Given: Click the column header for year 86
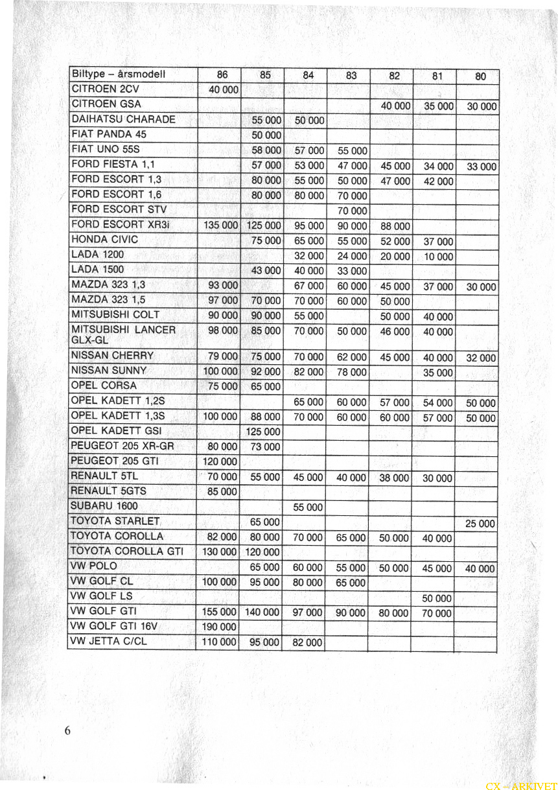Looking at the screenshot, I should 221,75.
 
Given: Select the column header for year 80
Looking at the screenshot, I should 480,76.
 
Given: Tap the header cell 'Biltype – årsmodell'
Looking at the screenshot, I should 119,75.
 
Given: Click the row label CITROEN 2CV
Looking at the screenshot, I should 105,89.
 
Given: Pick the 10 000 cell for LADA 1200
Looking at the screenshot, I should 438,257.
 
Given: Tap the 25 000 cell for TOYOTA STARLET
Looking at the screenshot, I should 480,524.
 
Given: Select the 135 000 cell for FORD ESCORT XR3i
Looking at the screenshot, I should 221,226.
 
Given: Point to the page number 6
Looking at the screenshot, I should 67,730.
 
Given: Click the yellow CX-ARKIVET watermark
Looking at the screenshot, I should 520,785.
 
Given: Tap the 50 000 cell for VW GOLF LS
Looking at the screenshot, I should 437,598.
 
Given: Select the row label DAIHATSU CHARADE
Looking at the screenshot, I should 123,119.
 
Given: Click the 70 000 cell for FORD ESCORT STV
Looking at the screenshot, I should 352,211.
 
